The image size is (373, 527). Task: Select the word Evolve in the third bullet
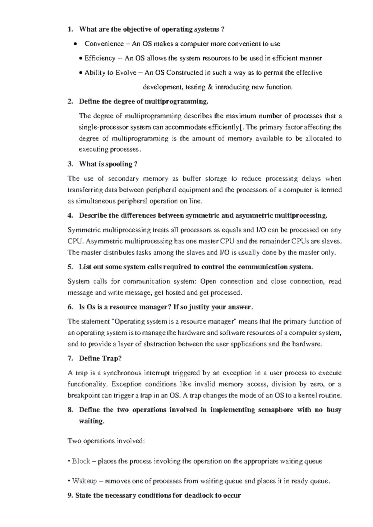[x=126, y=73]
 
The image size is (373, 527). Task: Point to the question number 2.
[x=70, y=102]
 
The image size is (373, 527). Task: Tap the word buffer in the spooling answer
[x=191, y=179]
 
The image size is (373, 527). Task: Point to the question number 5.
[x=70, y=267]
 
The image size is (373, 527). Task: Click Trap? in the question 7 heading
[x=111, y=358]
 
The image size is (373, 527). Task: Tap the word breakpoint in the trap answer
[x=83, y=396]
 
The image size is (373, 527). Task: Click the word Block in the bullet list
[x=81, y=461]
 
